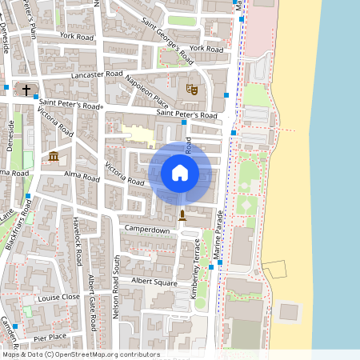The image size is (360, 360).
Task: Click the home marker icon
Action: coord(180,172)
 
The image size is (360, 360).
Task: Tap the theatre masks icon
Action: coord(190,89)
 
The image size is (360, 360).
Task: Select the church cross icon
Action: coord(26,90)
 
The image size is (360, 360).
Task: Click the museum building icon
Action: coord(53,156)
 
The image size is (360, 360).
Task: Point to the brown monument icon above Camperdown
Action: coord(182,215)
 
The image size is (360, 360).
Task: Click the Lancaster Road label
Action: coord(98,74)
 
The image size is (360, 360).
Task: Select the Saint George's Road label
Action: coord(168,41)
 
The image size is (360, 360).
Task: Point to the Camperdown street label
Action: coord(146,230)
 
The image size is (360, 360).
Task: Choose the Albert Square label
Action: coord(154,282)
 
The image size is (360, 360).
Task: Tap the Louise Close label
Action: coord(58,296)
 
